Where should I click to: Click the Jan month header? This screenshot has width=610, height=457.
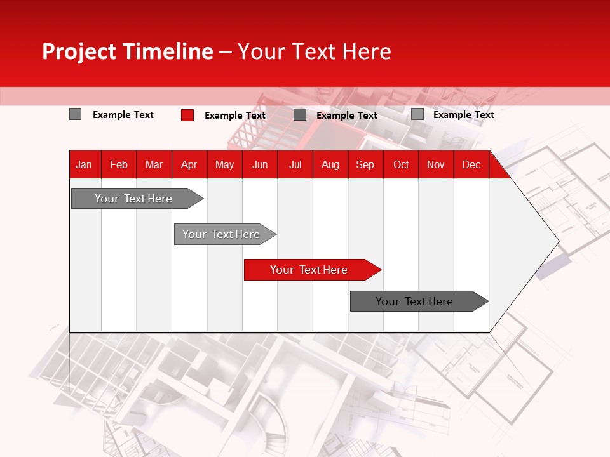tap(84, 165)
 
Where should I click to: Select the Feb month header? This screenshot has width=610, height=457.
tap(119, 165)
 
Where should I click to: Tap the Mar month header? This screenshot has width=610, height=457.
tap(154, 165)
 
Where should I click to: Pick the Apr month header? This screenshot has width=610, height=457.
tap(189, 165)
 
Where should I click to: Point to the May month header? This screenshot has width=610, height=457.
tap(224, 165)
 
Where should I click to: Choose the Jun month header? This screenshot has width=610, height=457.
tap(260, 165)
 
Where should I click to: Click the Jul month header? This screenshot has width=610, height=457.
tap(295, 165)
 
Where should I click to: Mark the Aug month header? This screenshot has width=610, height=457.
tap(330, 165)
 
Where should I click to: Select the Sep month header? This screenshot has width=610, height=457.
tap(365, 165)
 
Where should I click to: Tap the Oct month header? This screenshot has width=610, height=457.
tap(401, 165)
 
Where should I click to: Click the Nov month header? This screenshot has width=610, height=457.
tap(436, 165)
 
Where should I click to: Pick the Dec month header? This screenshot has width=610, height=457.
tap(471, 165)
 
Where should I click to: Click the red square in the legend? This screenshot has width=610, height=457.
tap(187, 115)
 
